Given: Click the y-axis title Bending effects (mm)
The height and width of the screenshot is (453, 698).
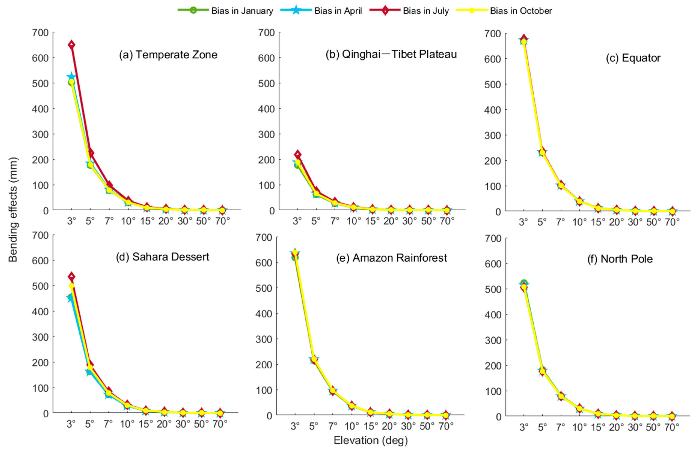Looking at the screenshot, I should (13, 209).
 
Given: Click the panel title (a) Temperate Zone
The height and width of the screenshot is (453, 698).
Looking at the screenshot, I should (168, 55).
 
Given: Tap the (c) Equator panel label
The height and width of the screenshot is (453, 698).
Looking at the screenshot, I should (633, 58).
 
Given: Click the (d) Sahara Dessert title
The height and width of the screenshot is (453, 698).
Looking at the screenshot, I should (163, 257).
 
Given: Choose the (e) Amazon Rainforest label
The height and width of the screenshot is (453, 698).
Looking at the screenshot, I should (392, 258).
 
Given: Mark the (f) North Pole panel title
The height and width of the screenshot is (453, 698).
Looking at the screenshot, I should (620, 259).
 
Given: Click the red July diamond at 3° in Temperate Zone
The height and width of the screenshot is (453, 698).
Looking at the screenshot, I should (71, 45).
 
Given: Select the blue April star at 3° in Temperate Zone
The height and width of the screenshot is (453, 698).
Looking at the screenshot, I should (71, 77).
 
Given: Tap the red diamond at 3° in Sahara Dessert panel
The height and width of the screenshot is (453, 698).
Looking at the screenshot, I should (71, 276).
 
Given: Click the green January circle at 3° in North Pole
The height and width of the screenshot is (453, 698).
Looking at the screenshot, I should (524, 283).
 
